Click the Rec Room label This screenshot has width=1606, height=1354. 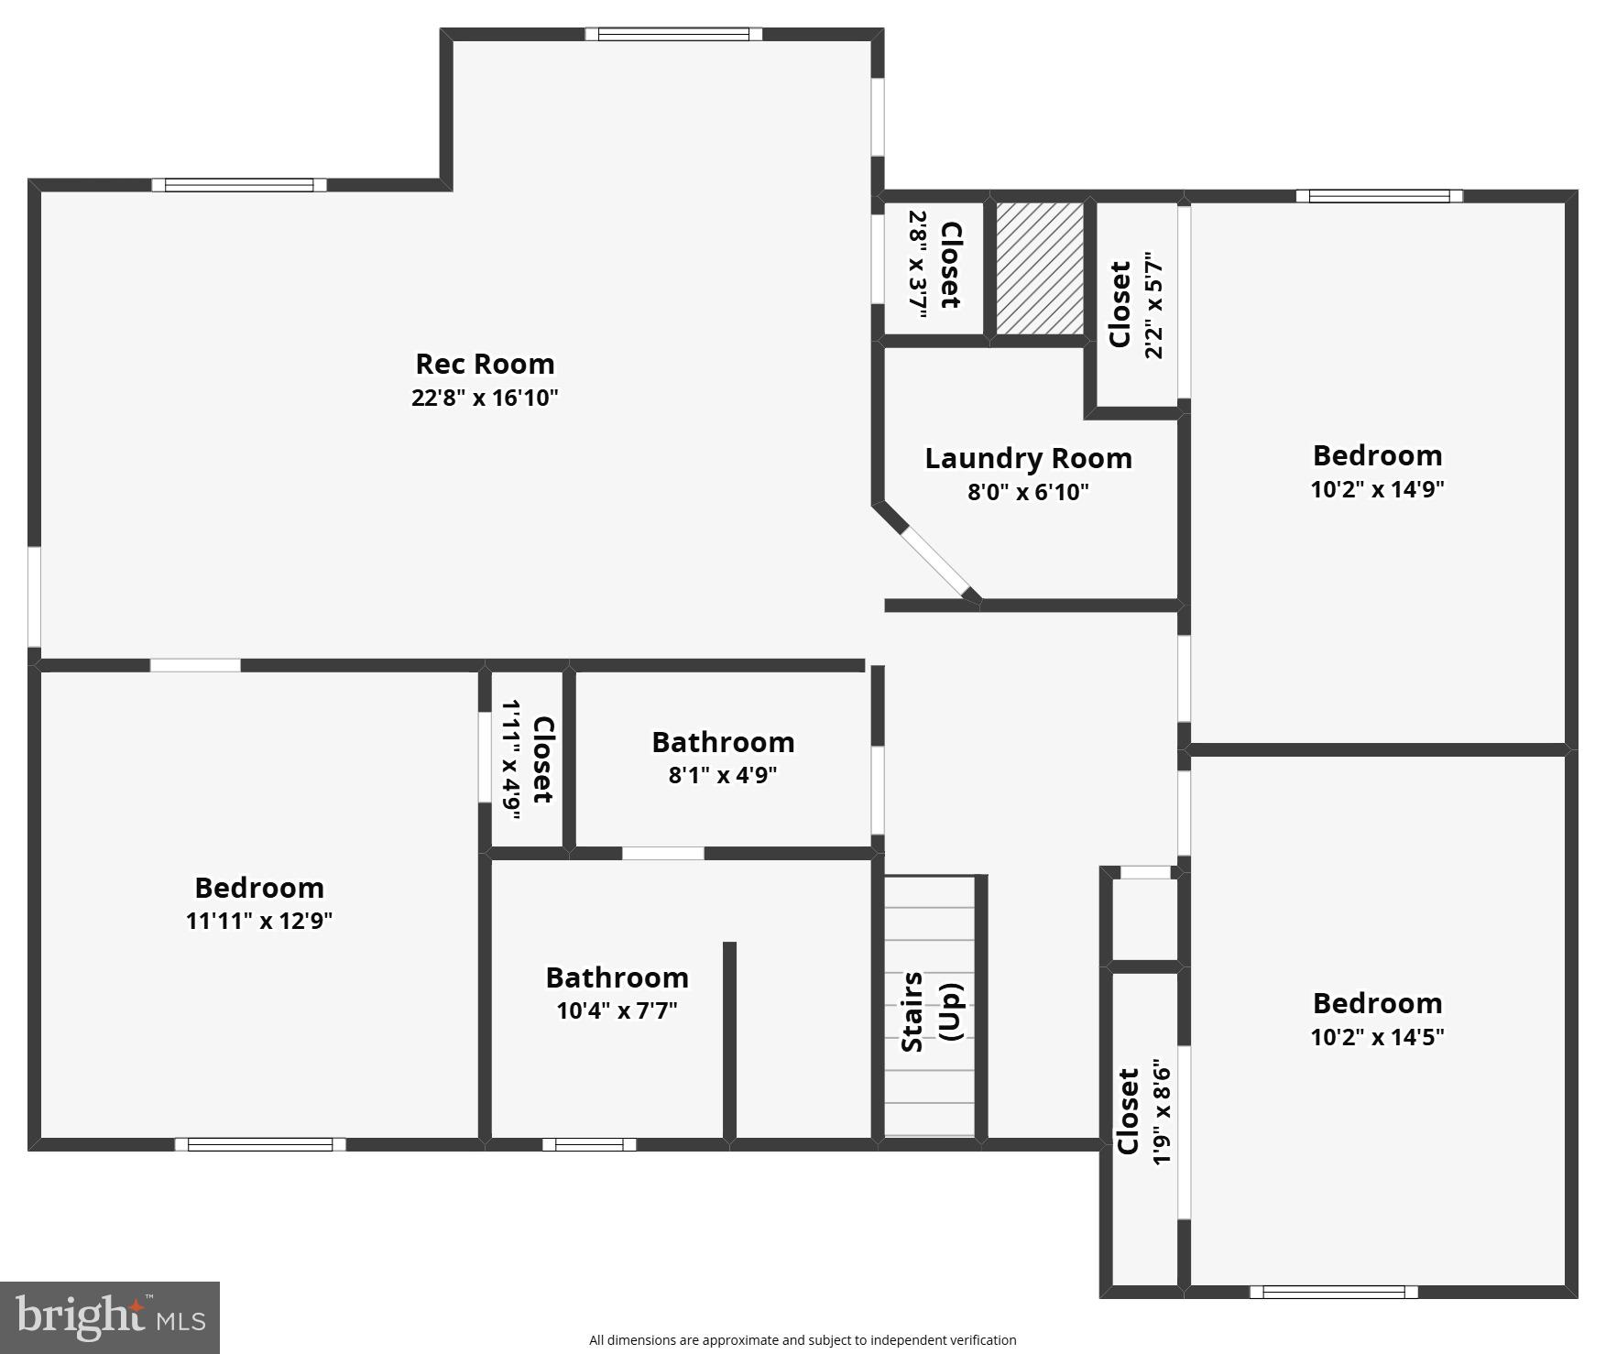point(485,364)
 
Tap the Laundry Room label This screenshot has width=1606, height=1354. point(1028,458)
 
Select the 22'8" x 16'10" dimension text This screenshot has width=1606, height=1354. point(485,398)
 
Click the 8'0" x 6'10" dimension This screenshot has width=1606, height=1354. point(1028,492)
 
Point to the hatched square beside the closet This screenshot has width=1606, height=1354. point(1039,268)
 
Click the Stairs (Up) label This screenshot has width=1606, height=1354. point(931,1011)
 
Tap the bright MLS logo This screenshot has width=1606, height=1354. point(110,1317)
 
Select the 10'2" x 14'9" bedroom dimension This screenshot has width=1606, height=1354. point(1377,489)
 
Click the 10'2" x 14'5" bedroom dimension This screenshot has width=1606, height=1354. point(1377,1037)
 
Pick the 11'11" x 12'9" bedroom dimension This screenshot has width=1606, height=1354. point(259,921)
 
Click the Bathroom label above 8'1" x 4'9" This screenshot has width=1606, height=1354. point(723,742)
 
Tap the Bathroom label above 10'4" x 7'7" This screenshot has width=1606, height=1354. point(617,977)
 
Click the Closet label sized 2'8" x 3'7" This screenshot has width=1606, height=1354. point(950,265)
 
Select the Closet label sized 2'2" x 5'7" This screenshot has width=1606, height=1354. point(1120,304)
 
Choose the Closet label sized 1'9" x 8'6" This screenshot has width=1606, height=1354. point(1128,1111)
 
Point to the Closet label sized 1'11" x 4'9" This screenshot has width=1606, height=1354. point(542,759)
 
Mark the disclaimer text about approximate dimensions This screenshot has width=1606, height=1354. point(803,1340)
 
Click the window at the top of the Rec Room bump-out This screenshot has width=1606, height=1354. point(673,35)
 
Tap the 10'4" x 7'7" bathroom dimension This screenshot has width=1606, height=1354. point(617,1011)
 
